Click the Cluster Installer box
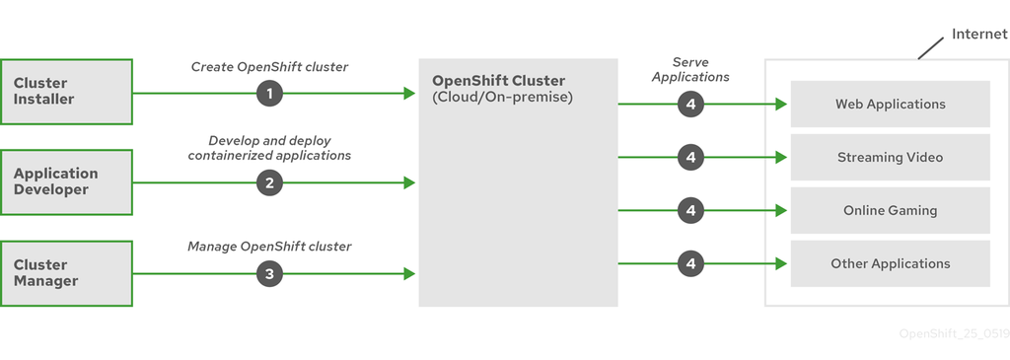point(66,92)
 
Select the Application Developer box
point(66,181)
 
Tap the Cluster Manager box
point(66,272)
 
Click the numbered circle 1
point(269,94)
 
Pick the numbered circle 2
point(269,182)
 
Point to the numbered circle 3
point(269,273)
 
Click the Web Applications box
point(890,104)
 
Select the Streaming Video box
point(890,157)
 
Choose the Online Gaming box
point(890,210)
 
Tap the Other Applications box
point(890,263)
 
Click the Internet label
point(979,34)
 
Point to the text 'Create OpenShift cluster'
point(269,67)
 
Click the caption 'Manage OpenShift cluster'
point(269,246)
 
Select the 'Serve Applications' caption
point(690,69)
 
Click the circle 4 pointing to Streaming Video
point(691,157)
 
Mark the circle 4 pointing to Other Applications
point(691,263)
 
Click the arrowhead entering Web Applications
point(780,104)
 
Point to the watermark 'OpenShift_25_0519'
point(952,333)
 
